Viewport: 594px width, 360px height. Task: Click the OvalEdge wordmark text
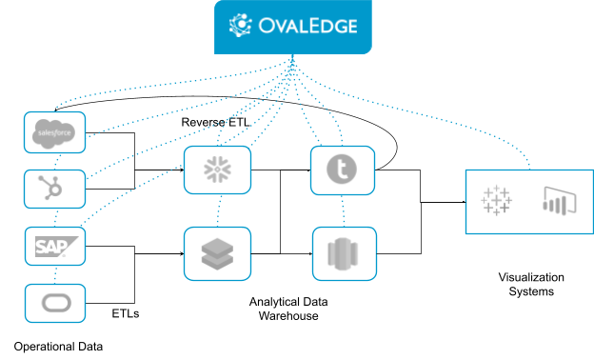coord(306,25)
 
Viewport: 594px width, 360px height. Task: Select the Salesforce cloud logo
coord(54,132)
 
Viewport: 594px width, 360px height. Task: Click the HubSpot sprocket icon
coord(54,189)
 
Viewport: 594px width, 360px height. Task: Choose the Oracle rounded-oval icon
coord(54,304)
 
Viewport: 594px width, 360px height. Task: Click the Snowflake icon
coord(217,170)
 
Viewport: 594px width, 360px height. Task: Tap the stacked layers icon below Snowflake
coord(217,252)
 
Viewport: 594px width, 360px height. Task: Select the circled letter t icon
coord(342,170)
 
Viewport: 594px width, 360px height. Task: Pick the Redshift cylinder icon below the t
coord(342,252)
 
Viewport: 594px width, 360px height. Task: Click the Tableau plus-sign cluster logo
coord(496,201)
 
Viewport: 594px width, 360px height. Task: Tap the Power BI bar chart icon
coord(554,201)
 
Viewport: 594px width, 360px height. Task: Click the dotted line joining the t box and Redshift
coord(342,210)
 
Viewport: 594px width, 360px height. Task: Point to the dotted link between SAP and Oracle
coord(55,274)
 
